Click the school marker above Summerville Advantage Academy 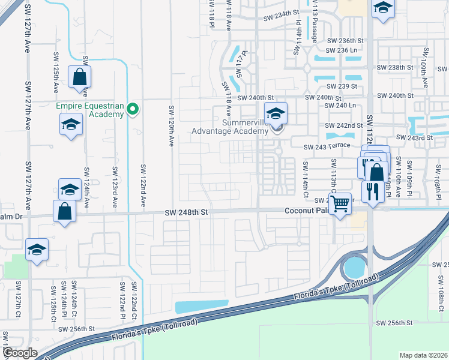[276, 113]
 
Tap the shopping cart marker [340, 203]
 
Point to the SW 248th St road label [187, 212]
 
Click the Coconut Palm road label [307, 211]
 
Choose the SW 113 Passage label [315, 22]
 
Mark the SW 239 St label [342, 86]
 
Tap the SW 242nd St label [344, 125]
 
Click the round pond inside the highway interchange [354, 265]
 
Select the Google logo [20, 353]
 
